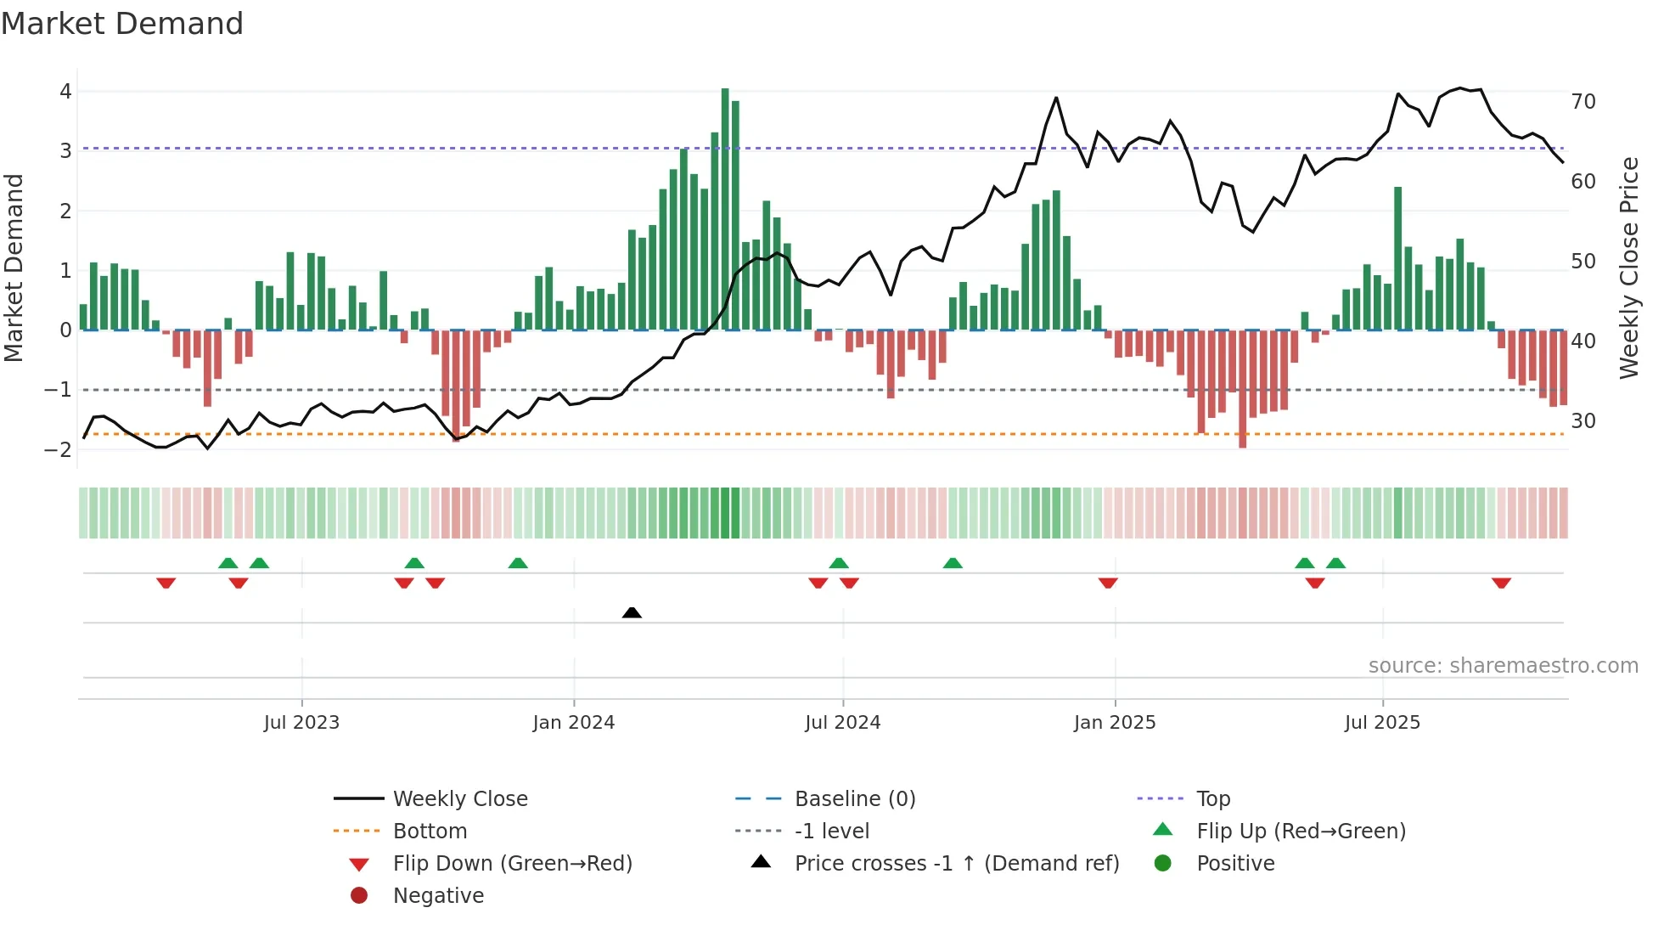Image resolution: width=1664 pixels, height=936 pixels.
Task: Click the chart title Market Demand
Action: pyautogui.click(x=122, y=24)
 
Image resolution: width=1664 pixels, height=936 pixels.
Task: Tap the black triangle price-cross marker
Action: pyautogui.click(x=632, y=612)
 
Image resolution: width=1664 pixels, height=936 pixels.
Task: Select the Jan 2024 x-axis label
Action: pyautogui.click(x=573, y=723)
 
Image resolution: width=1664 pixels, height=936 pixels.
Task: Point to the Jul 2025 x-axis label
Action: pyautogui.click(x=1382, y=723)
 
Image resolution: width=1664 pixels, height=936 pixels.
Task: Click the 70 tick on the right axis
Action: pyautogui.click(x=1583, y=102)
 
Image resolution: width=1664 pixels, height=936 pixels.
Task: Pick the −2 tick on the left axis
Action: pyautogui.click(x=58, y=449)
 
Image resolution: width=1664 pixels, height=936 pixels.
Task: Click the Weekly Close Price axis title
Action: pyautogui.click(x=1628, y=268)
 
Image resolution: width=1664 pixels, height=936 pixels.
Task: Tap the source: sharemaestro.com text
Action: pyautogui.click(x=1503, y=666)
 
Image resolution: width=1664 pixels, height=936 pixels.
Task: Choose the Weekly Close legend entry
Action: pyautogui.click(x=459, y=799)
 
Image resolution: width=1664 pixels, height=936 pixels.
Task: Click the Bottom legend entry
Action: pyautogui.click(x=430, y=832)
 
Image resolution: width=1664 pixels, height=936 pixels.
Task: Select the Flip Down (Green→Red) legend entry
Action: pyautogui.click(x=512, y=864)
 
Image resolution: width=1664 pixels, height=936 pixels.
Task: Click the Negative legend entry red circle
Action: pyautogui.click(x=359, y=896)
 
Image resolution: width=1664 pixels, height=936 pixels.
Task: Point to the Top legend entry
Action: pyautogui.click(x=1212, y=799)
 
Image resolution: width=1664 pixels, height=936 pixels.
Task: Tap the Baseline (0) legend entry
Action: pyautogui.click(x=854, y=799)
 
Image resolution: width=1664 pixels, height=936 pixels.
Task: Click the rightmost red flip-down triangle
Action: pyautogui.click(x=1501, y=583)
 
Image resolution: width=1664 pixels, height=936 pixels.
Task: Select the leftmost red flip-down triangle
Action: pyautogui.click(x=166, y=583)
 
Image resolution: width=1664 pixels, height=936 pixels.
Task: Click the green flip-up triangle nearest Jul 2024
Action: pyautogui.click(x=839, y=563)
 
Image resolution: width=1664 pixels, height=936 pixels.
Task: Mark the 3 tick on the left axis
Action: pyautogui.click(x=65, y=151)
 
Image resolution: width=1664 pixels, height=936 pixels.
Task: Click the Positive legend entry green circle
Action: pyautogui.click(x=1163, y=864)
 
